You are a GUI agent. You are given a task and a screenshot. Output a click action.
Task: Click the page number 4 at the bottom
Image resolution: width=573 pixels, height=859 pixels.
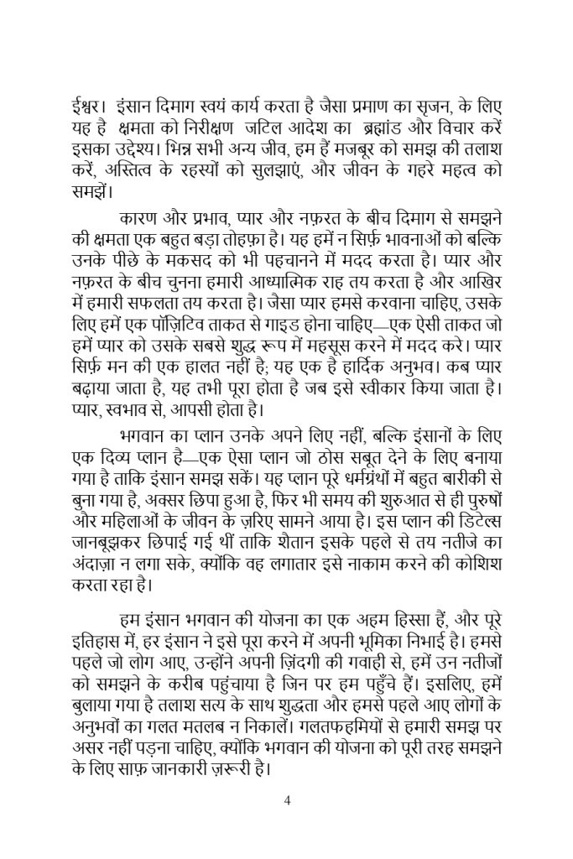point(287,800)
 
